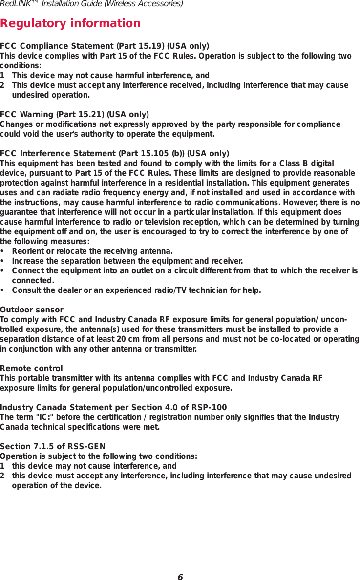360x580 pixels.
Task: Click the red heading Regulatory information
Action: [x=70, y=23]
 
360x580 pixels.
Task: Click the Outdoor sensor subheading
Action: [x=32, y=310]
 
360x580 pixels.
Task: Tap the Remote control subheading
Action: [x=31, y=368]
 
